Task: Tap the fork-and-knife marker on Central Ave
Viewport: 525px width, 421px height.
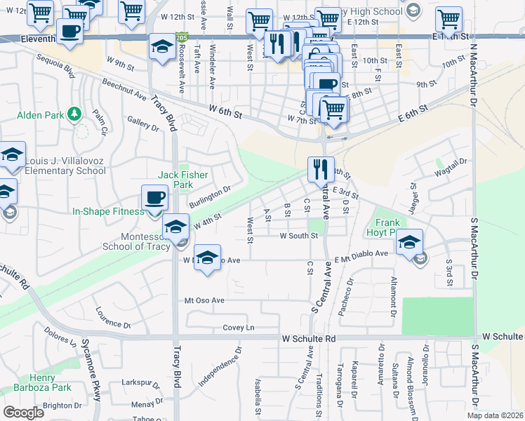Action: pyautogui.click(x=321, y=169)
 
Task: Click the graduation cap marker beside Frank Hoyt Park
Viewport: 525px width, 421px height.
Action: pyautogui.click(x=409, y=242)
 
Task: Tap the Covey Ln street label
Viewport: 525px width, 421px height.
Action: pyautogui.click(x=239, y=328)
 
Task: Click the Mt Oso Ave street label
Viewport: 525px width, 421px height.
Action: pyautogui.click(x=204, y=300)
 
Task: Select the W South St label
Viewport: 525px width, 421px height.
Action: pyautogui.click(x=299, y=236)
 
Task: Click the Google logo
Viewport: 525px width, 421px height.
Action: pyautogui.click(x=23, y=412)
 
